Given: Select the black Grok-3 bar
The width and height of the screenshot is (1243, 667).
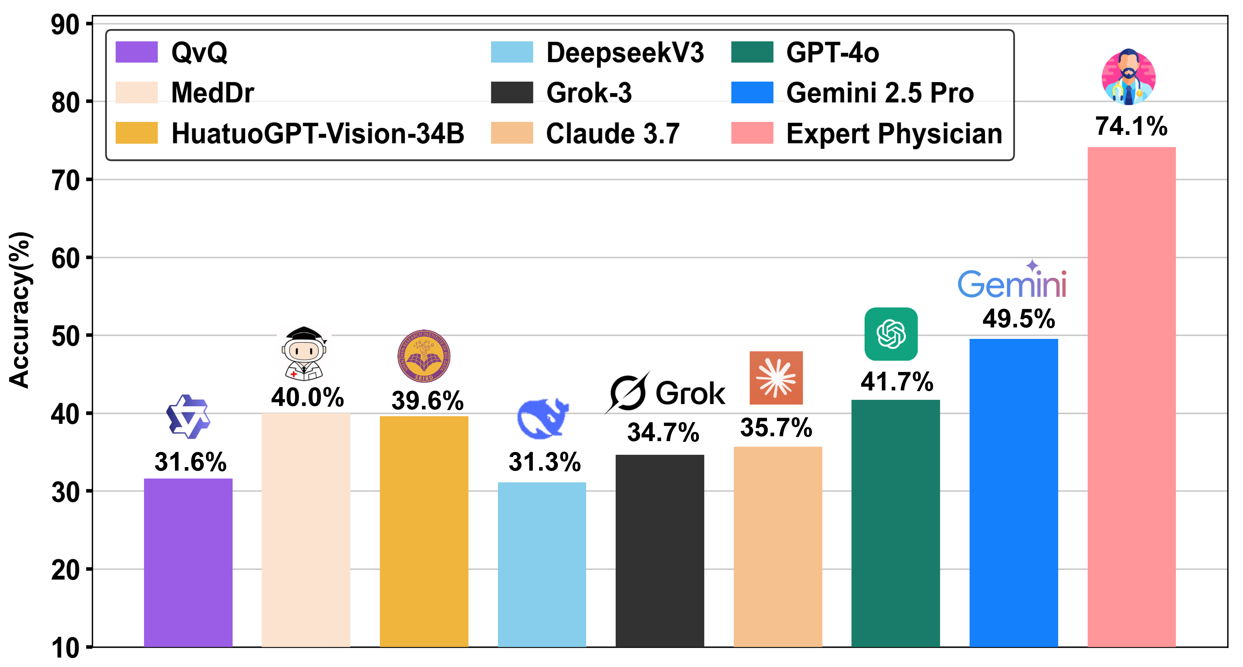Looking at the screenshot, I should coord(660,551).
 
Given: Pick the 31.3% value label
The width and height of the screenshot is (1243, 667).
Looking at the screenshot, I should coord(544,462).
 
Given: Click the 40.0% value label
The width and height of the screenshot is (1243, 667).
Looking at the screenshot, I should coord(307,398).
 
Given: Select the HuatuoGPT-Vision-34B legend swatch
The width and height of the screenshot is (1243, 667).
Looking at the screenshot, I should coord(137,133).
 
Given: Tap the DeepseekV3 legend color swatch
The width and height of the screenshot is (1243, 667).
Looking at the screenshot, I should coord(512,52).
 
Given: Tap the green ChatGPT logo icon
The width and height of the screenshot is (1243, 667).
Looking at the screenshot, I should coord(891,334).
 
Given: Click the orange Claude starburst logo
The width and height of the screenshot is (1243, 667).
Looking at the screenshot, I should coord(776,378).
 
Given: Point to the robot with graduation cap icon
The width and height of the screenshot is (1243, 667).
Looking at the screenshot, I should coord(304,354).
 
